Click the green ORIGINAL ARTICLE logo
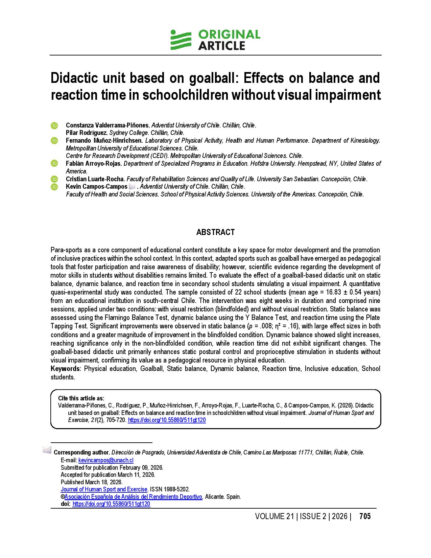pyautogui.click(x=215, y=40)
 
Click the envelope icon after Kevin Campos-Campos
pyautogui.click(x=132, y=187)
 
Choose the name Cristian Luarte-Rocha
pyautogui.click(x=95, y=179)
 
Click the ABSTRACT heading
pyautogui.click(x=215, y=232)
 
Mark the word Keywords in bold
pyautogui.click(x=65, y=369)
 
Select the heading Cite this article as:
pyautogui.click(x=81, y=398)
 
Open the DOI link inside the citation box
pyautogui.click(x=167, y=420)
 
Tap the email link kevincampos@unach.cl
pyautogui.click(x=106, y=460)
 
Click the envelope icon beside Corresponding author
pyautogui.click(x=47, y=450)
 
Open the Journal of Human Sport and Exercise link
pyautogui.click(x=104, y=489)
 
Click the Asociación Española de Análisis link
pyautogui.click(x=133, y=497)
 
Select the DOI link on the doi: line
pyautogui.click(x=111, y=504)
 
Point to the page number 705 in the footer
pyautogui.click(x=365, y=516)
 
